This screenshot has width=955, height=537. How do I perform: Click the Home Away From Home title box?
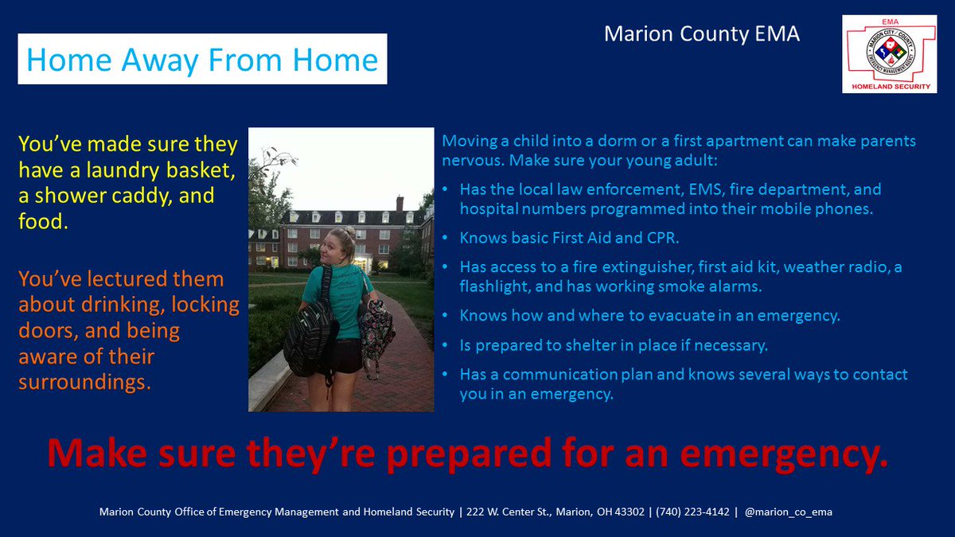pos(202,59)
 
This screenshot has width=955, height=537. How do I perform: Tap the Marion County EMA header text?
pos(701,33)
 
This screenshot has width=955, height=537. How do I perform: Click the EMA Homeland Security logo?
pos(890,53)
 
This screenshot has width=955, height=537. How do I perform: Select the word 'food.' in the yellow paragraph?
pos(44,223)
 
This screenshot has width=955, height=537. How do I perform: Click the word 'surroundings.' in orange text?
pos(84,382)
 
